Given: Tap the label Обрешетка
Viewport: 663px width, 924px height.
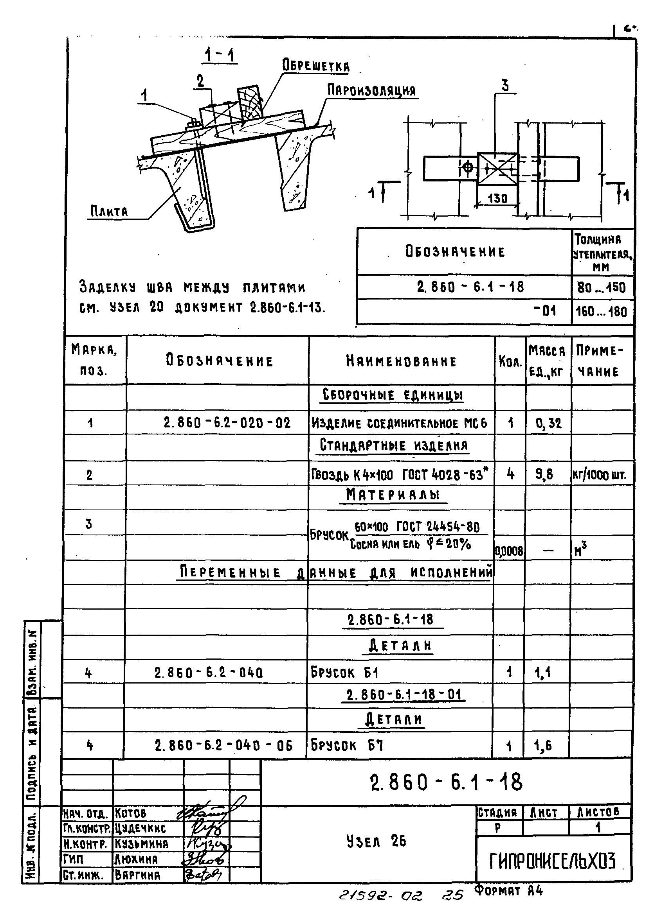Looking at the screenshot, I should (x=315, y=66).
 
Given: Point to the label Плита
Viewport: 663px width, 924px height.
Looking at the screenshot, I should (x=109, y=212).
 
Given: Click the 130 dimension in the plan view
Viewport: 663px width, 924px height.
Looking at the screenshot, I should (x=497, y=198).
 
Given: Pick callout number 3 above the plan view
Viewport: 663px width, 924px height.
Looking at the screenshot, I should (x=505, y=86).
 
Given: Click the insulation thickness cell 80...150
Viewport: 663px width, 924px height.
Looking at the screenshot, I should (x=601, y=288).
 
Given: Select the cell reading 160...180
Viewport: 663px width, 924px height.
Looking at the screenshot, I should (x=601, y=312).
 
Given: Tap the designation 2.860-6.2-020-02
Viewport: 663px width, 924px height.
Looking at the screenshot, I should (x=227, y=422).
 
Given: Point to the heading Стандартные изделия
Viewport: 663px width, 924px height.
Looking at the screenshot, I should (x=393, y=445).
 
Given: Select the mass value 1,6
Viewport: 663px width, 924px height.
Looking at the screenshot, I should (x=543, y=746).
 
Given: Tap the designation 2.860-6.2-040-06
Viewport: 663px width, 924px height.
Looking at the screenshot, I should (x=223, y=746).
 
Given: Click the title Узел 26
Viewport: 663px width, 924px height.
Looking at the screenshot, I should (x=376, y=841).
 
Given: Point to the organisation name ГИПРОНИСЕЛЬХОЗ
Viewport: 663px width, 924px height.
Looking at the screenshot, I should (x=553, y=861).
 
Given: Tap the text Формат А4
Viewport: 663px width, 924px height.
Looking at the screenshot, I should (x=508, y=891).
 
